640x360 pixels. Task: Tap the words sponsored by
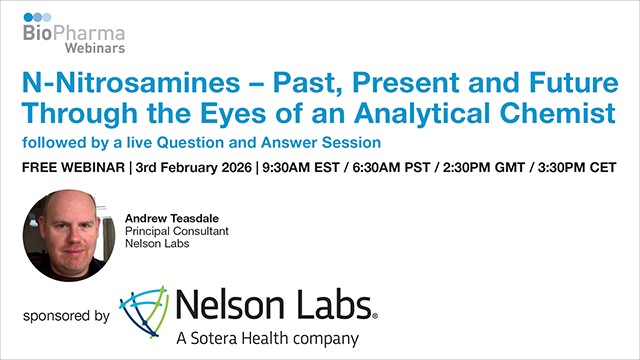pos(66,316)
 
